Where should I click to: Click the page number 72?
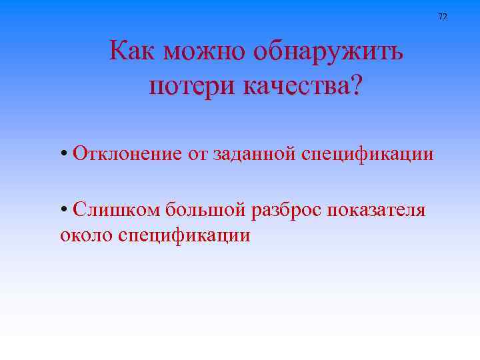(x=443, y=16)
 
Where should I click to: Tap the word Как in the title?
(x=133, y=51)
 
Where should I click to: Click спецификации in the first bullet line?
(x=367, y=155)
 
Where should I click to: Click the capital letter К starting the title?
(x=118, y=51)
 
